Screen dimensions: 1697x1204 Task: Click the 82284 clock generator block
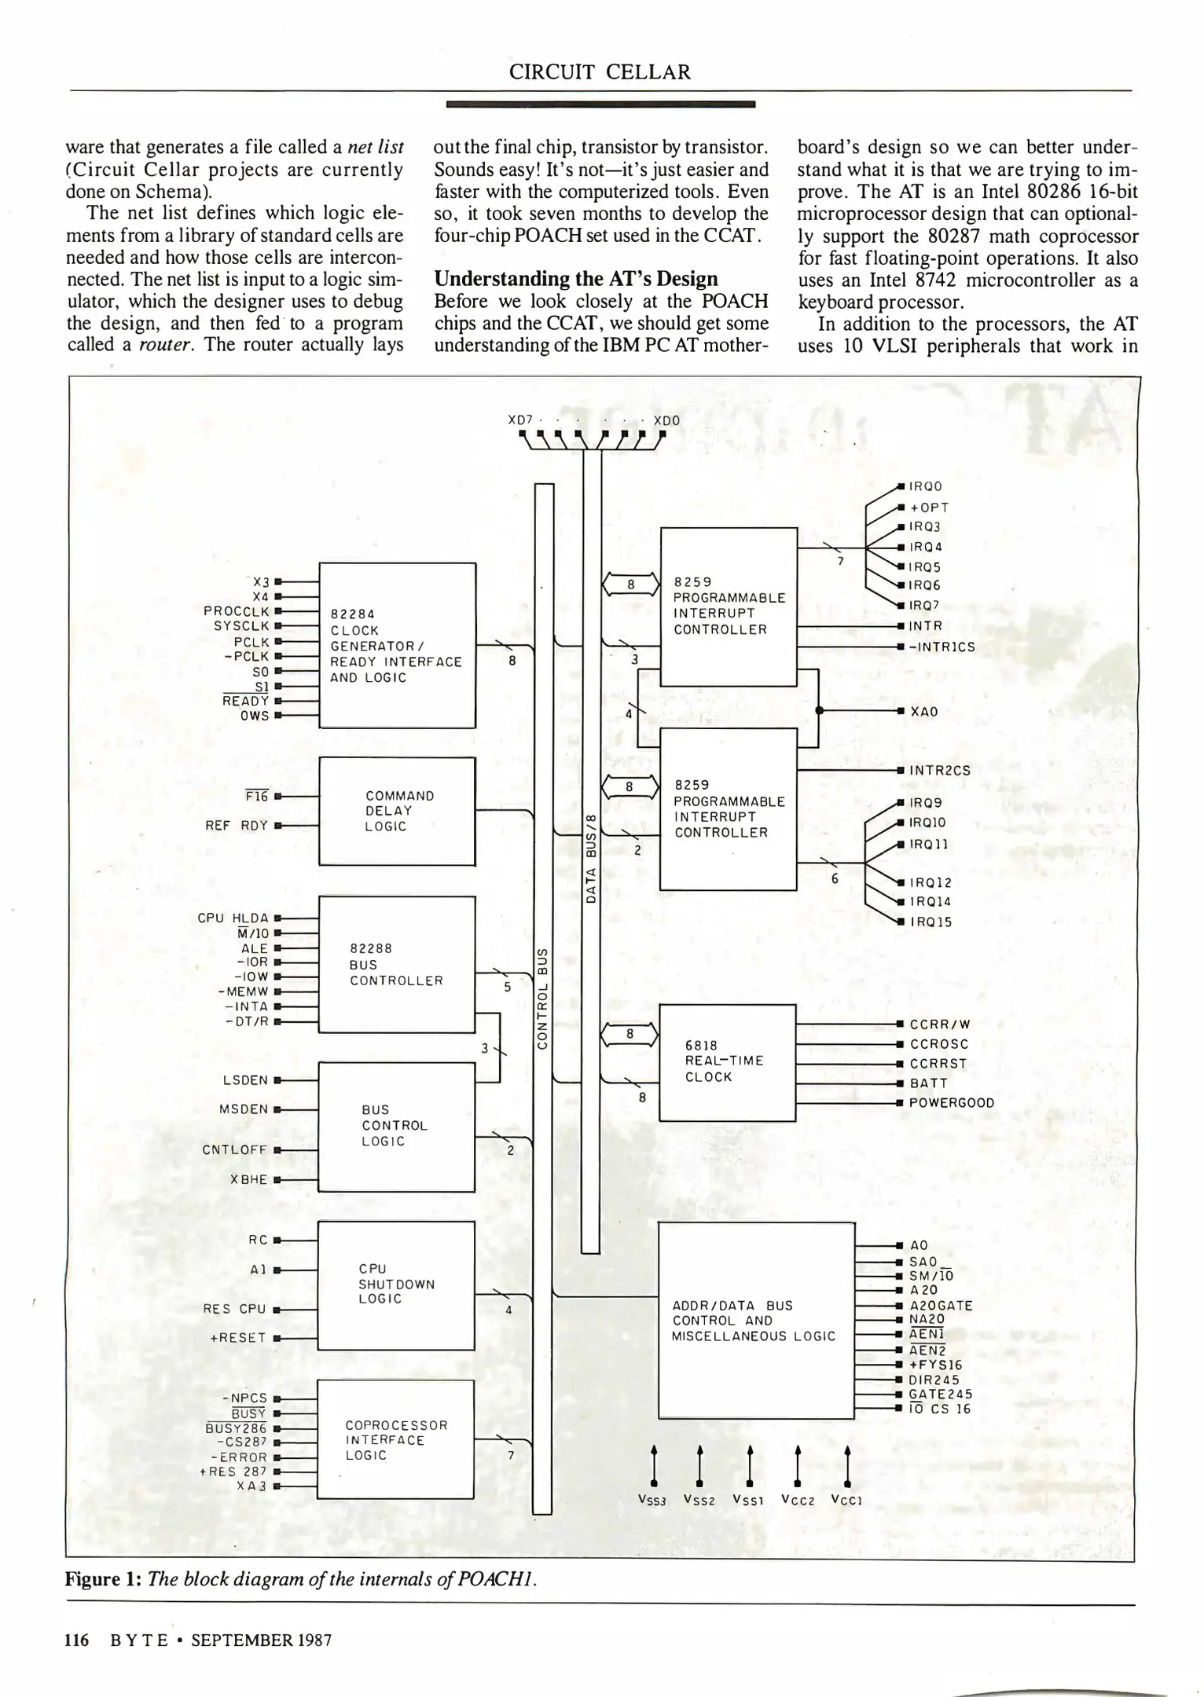pyautogui.click(x=397, y=645)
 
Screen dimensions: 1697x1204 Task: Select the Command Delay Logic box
pyautogui.click(x=397, y=811)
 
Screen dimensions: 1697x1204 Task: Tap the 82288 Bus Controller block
pyautogui.click(x=397, y=964)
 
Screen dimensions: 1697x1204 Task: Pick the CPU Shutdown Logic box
pyautogui.click(x=396, y=1284)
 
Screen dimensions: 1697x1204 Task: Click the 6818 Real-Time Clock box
pyautogui.click(x=727, y=1061)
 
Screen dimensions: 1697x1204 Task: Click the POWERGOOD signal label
pyautogui.click(x=951, y=1103)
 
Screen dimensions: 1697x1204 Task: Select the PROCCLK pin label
pyautogui.click(x=237, y=610)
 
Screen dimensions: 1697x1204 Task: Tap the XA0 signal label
pyautogui.click(x=923, y=711)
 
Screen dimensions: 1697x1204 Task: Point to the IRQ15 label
pyautogui.click(x=931, y=922)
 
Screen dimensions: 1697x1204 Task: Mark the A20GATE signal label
pyautogui.click(x=941, y=1305)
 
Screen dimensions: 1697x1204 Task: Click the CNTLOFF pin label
pyautogui.click(x=235, y=1149)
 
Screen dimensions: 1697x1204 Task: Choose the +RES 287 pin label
pyautogui.click(x=233, y=1471)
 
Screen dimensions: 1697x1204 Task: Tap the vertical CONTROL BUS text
pyautogui.click(x=542, y=998)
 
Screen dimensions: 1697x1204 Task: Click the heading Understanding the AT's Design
pyautogui.click(x=576, y=279)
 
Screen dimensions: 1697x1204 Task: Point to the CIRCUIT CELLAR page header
pyautogui.click(x=600, y=72)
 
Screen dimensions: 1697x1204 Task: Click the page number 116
pyautogui.click(x=77, y=1640)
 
